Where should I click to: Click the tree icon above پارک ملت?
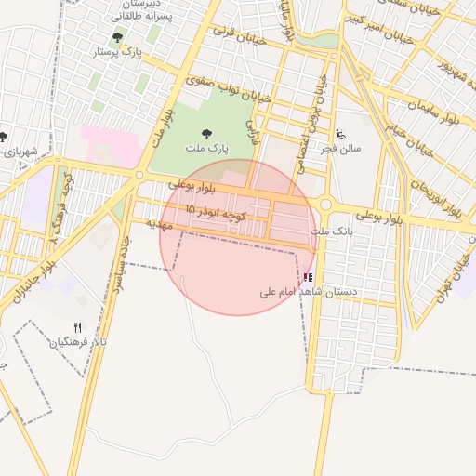coord(205,134)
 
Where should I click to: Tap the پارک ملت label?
coord(206,149)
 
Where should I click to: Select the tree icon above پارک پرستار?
coord(116,38)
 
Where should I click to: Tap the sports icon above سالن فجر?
coord(340,134)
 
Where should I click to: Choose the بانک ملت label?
coord(332,230)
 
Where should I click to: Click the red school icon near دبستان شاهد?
coord(308,277)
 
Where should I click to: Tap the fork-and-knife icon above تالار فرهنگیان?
coord(77,327)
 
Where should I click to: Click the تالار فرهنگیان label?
coord(79,342)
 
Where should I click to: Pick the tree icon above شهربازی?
coord(3,137)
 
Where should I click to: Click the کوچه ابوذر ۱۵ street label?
coord(215,213)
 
